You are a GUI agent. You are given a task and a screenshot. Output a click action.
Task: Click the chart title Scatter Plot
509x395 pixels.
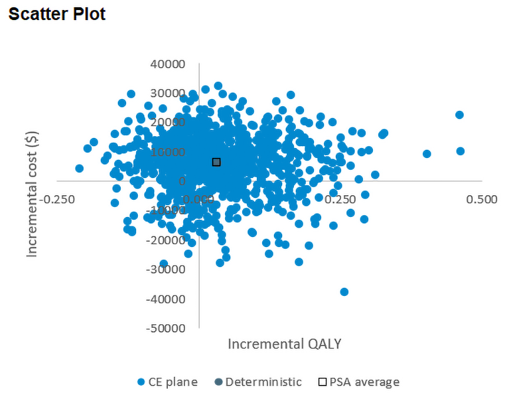(x=57, y=14)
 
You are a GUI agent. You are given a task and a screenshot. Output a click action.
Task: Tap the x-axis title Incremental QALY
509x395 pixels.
(x=285, y=343)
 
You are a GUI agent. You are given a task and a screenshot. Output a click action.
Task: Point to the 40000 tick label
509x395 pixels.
(x=169, y=64)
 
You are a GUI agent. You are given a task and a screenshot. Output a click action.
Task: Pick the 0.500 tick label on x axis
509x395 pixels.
(x=482, y=199)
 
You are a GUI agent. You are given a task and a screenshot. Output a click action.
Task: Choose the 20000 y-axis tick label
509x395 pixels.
(x=169, y=123)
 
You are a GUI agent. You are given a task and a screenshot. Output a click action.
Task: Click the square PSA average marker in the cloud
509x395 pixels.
(x=216, y=162)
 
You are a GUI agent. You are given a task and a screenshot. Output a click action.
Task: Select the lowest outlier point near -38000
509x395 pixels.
(x=344, y=292)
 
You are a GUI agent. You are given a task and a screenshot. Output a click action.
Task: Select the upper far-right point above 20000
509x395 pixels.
(x=460, y=115)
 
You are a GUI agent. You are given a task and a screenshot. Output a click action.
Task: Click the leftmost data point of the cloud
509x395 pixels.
(x=80, y=169)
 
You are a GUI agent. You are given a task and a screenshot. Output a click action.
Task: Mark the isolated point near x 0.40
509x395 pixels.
(x=427, y=154)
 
